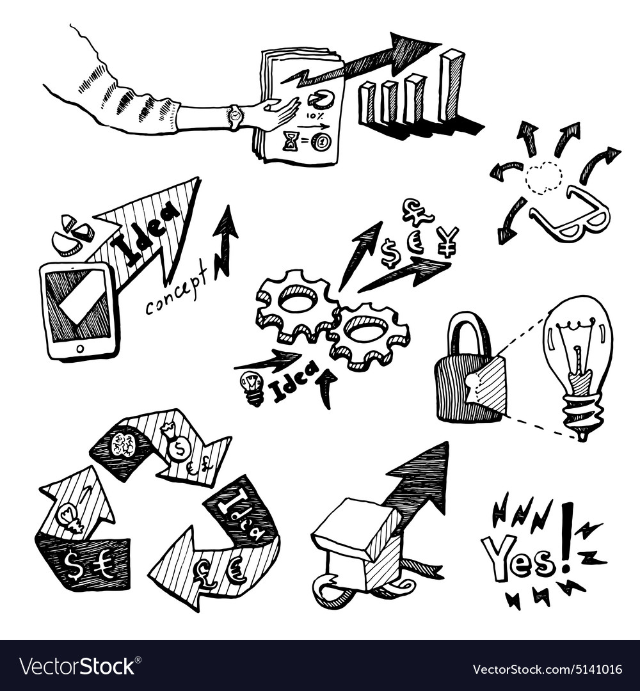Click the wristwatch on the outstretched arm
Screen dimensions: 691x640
[236, 116]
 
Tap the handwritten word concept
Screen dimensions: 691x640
[177, 295]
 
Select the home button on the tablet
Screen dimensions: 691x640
[80, 349]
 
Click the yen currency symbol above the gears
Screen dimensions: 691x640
[449, 239]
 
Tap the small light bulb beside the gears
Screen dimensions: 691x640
[252, 387]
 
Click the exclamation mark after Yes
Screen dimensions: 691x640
[566, 537]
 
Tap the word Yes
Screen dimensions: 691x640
[518, 557]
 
